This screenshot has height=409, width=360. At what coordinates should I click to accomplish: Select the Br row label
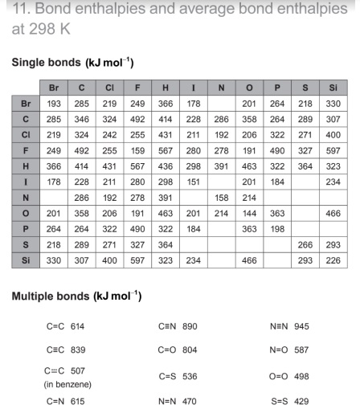click(x=26, y=104)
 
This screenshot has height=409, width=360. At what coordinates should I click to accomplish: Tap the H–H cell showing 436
click(x=165, y=165)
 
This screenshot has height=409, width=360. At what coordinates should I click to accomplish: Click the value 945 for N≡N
click(x=301, y=326)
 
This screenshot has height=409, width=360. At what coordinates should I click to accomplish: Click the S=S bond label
click(x=279, y=399)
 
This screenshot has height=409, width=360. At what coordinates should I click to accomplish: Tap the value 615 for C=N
click(x=77, y=399)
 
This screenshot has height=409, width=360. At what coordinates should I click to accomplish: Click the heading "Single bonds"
click(x=46, y=62)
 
